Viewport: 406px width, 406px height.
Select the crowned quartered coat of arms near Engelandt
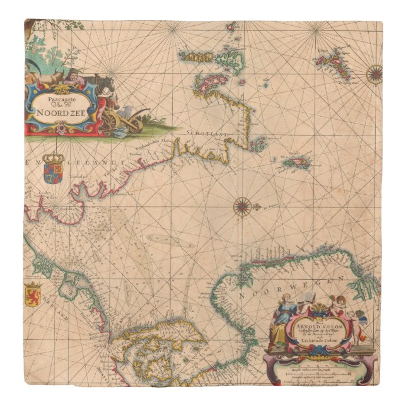click(x=53, y=167)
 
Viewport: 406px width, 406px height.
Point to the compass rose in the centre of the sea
click(x=243, y=206)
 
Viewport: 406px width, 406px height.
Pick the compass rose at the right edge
click(x=374, y=74)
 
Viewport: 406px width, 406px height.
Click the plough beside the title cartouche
click(x=127, y=120)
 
